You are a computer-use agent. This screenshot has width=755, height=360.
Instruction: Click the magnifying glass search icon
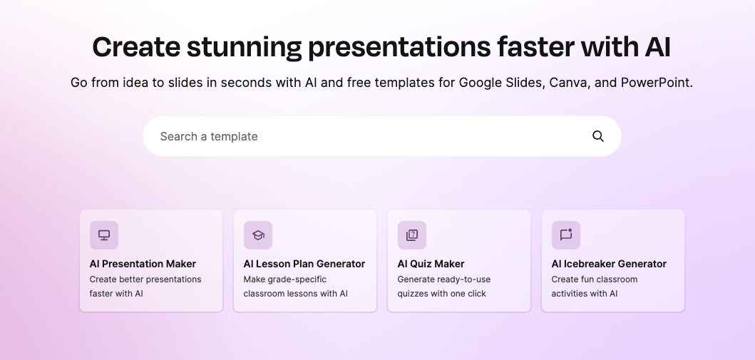(x=598, y=136)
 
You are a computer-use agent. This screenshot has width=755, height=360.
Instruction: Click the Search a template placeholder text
(x=208, y=137)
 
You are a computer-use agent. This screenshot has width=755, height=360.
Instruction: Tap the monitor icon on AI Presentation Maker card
(x=104, y=235)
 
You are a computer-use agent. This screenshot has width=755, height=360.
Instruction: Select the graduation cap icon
(x=258, y=235)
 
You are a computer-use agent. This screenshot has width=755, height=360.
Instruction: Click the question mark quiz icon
(x=412, y=235)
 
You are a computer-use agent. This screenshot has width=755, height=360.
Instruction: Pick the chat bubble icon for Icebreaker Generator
(x=566, y=235)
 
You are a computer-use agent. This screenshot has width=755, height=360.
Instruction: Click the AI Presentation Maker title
(x=143, y=264)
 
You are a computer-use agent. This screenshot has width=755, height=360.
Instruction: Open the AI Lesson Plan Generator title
(x=304, y=264)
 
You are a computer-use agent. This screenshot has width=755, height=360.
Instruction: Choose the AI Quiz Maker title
(x=431, y=264)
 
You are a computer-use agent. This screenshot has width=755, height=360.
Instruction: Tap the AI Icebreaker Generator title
(x=609, y=264)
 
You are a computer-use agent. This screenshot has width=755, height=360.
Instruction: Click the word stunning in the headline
(x=244, y=48)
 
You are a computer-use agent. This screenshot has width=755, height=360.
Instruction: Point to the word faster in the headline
(x=535, y=47)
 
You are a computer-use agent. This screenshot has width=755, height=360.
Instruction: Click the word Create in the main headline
(x=136, y=47)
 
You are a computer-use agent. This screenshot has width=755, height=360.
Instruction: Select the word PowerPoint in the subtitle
(x=657, y=83)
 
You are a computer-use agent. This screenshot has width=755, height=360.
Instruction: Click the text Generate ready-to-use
(x=444, y=279)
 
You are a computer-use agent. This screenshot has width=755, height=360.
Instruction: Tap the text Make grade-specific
(x=285, y=279)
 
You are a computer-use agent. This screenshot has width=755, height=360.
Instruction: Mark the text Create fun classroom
(x=595, y=279)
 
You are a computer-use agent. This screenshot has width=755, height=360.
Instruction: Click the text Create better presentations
(x=145, y=279)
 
